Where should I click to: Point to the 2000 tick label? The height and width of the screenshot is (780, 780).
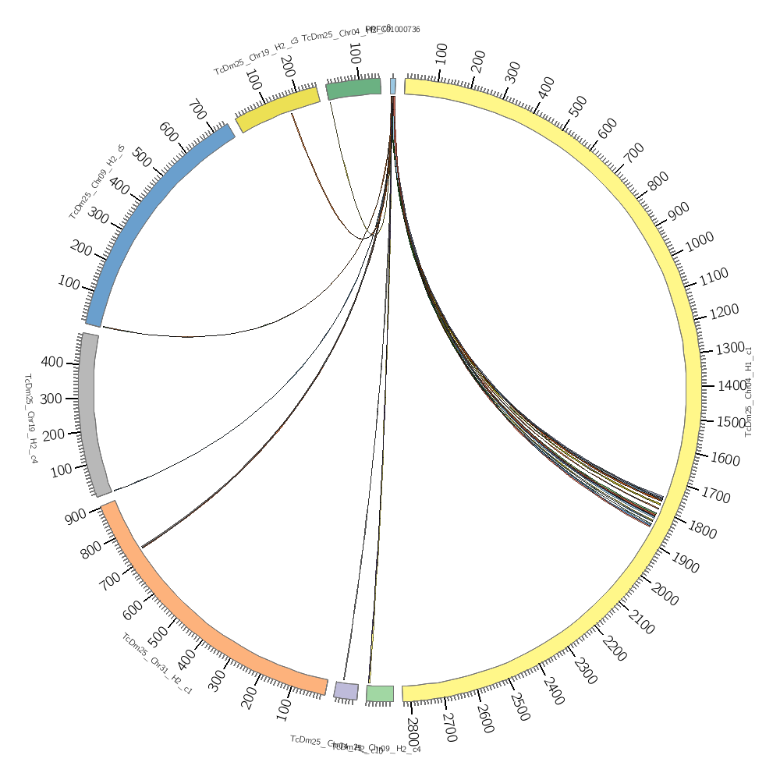[664, 595]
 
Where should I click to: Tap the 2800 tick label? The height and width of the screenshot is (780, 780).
[413, 731]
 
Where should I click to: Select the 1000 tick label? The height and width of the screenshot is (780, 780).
[699, 243]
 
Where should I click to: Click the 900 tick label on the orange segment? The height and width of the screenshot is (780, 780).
[76, 516]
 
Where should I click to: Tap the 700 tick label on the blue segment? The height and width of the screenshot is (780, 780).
[197, 110]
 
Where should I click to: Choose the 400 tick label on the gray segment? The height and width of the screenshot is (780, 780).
[52, 362]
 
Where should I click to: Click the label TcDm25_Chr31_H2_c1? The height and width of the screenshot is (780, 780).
[157, 663]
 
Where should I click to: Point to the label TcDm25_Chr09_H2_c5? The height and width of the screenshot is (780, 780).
[97, 182]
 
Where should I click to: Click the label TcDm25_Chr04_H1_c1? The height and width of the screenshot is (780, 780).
[749, 391]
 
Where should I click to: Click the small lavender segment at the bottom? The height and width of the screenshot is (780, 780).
[346, 690]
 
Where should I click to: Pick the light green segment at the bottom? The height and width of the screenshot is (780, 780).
[380, 693]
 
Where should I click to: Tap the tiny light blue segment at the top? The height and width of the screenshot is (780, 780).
[392, 86]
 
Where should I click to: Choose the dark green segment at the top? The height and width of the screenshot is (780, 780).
[353, 88]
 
